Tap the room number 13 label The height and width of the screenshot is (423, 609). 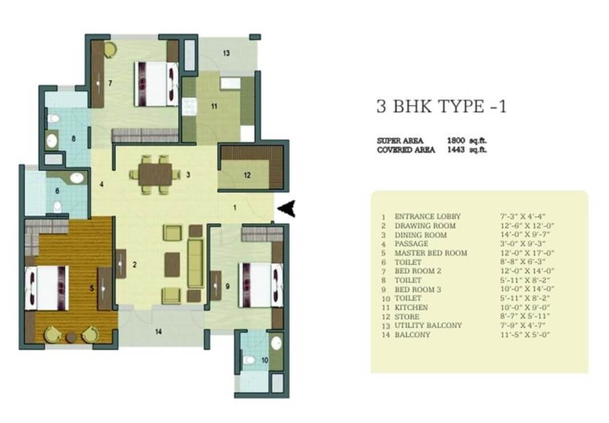tap(227, 53)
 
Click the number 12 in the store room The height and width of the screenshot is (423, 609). tap(247, 175)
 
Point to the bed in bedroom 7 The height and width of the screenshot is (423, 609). tap(156, 83)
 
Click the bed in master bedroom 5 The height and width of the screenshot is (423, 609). tap(47, 288)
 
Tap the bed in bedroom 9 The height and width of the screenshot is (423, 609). tap(261, 285)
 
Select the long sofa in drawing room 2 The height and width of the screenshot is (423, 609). tap(195, 264)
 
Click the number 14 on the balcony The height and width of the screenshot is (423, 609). tap(159, 332)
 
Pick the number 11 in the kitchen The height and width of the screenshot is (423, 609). tap(214, 106)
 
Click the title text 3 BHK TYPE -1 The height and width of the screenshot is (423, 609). tap(442, 106)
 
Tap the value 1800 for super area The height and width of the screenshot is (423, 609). tap(456, 140)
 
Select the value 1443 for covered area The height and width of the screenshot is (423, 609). tap(456, 150)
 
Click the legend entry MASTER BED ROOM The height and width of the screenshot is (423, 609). tap(431, 253)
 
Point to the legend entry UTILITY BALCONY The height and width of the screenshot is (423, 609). tap(428, 325)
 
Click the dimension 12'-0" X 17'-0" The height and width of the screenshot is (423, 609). tap(527, 253)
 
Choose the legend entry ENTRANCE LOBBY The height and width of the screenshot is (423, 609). tap(427, 216)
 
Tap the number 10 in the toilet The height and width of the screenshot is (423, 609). tap(264, 360)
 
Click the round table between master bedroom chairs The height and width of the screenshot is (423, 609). tap(71, 337)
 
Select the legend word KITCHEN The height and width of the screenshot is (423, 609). tap(412, 308)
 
